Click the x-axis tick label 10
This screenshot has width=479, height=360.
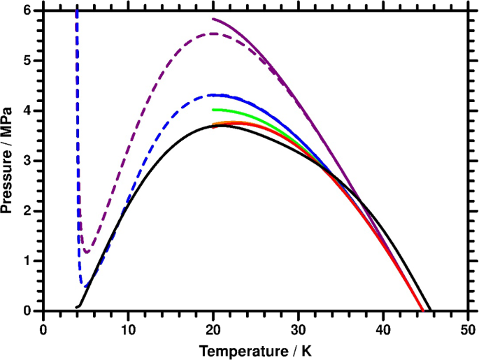[128, 327]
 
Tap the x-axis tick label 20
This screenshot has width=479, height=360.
[213, 327]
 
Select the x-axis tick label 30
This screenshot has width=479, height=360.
[299, 327]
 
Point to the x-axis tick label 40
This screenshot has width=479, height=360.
[383, 327]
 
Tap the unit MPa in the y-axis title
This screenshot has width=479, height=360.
[9, 122]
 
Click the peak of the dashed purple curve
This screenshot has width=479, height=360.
[213, 34]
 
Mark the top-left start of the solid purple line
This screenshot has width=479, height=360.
[213, 19]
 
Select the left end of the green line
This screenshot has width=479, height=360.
[213, 110]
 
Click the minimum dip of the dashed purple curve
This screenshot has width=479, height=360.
[86, 252]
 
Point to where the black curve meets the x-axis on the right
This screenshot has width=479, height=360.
[431, 311]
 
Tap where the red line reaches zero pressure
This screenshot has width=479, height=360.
[422, 310]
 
